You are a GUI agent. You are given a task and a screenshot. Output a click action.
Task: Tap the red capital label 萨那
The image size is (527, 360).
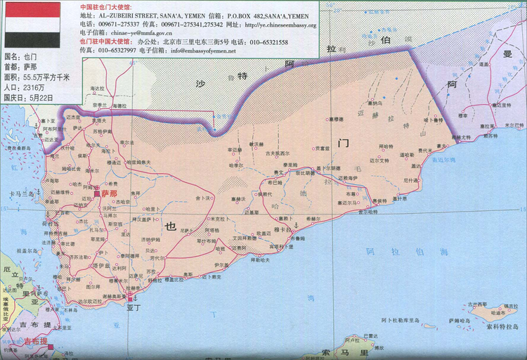point(109,192)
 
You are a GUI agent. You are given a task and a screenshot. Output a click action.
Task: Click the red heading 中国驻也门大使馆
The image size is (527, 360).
point(108,6)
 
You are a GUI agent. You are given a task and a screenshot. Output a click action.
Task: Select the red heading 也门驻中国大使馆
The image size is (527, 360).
point(108,41)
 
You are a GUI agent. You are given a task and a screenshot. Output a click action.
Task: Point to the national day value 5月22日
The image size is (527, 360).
point(45,97)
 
